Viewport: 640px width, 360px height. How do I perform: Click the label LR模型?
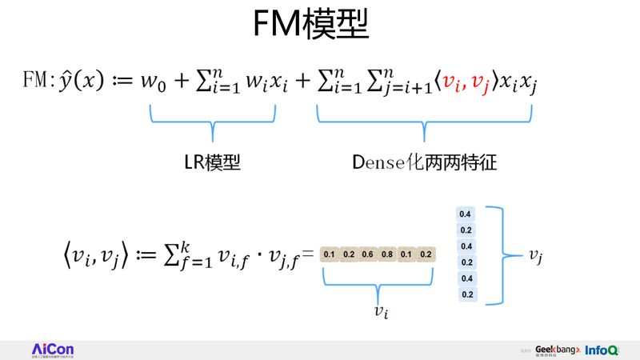click(x=211, y=162)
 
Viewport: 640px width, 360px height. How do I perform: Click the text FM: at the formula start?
click(x=37, y=82)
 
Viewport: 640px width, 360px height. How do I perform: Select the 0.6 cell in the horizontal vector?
click(x=367, y=254)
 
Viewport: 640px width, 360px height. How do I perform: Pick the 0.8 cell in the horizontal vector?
click(x=386, y=254)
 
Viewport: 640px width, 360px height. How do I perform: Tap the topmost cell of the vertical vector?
click(x=466, y=214)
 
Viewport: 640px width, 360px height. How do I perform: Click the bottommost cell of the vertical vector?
click(x=466, y=294)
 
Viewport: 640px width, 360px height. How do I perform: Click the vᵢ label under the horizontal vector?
click(x=382, y=312)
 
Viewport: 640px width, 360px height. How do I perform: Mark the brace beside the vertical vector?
click(x=499, y=254)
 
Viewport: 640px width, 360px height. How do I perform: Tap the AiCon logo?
click(x=53, y=350)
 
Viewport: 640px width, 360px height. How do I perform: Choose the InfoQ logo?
click(x=602, y=350)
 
